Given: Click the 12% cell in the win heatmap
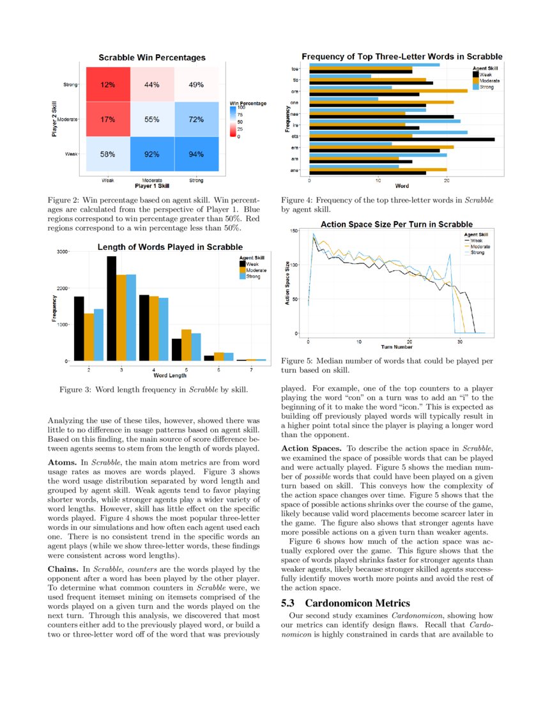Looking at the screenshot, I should (x=107, y=85).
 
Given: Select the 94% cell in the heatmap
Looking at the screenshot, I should (x=196, y=154).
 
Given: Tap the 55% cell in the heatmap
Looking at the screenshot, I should (x=151, y=120).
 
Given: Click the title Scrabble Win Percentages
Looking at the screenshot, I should (x=152, y=58).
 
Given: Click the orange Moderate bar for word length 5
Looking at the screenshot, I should (x=186, y=345).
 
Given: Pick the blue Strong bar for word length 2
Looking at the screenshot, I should (x=98, y=335).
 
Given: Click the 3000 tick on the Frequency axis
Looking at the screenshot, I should (x=62, y=252).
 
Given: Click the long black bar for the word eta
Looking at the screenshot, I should (x=401, y=139).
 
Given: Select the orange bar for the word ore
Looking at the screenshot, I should (x=388, y=91).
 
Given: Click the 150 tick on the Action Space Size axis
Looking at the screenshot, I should (x=294, y=230).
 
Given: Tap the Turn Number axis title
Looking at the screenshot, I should (x=396, y=347).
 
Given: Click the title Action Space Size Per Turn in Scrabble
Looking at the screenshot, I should (x=396, y=224).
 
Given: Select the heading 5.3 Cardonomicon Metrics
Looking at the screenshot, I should (x=345, y=603).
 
